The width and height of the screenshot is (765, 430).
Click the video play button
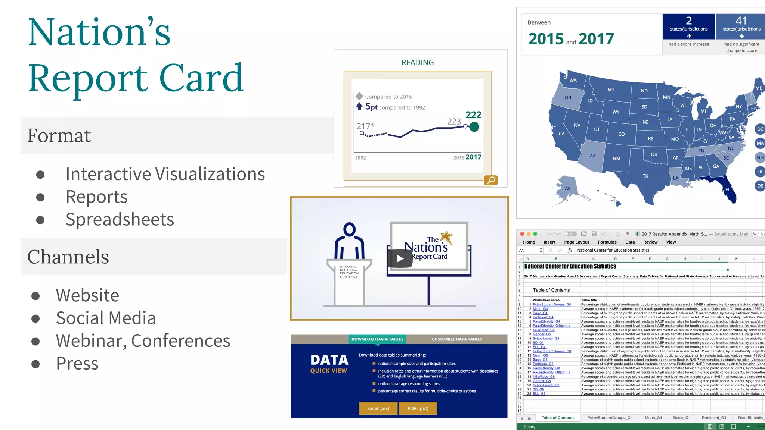coord(400,258)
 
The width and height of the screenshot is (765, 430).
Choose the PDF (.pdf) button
coord(418,408)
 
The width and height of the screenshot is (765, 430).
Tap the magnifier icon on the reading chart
coord(491,180)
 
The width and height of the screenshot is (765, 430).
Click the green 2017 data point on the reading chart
coord(474,127)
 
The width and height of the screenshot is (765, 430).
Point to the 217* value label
coord(365,126)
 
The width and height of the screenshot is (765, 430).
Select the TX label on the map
coord(645,176)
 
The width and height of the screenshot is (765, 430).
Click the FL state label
coord(728,189)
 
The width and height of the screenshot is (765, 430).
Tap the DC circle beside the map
coord(760,129)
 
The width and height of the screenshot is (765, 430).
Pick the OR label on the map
coord(568,98)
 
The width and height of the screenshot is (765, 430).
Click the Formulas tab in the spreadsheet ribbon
coord(607,242)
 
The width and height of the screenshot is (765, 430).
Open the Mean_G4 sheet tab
coord(653,418)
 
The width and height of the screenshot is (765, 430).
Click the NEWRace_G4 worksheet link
coord(543,330)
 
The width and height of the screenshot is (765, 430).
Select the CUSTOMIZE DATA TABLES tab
coord(457,339)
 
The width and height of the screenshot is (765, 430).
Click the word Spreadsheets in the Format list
coord(120,219)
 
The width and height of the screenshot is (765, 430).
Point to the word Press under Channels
coord(77,363)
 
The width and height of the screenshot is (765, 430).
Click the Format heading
coord(59,135)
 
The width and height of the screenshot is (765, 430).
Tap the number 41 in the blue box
coord(741,21)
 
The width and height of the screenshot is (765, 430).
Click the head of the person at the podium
coord(349,229)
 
